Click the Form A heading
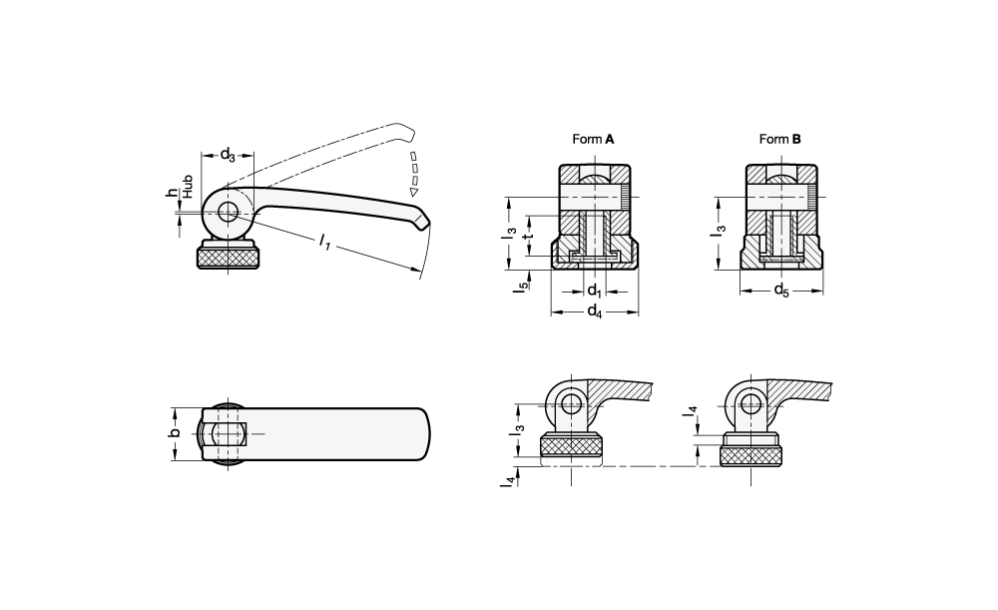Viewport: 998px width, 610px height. (593, 140)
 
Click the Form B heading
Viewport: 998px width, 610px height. (780, 140)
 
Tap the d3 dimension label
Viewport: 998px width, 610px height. (228, 155)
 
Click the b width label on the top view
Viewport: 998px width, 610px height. (174, 432)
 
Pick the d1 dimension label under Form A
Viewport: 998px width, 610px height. (594, 291)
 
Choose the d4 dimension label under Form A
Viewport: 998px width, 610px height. (594, 312)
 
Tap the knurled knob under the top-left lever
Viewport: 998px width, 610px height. (229, 259)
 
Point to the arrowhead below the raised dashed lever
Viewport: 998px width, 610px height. (413, 191)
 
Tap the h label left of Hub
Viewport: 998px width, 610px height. (171, 193)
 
